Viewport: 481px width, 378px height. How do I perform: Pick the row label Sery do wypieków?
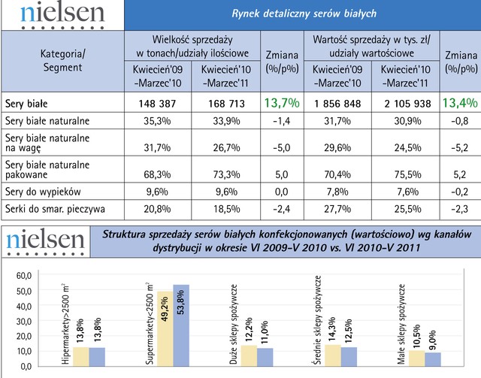point(41,192)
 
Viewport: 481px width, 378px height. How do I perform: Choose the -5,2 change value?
point(460,147)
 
